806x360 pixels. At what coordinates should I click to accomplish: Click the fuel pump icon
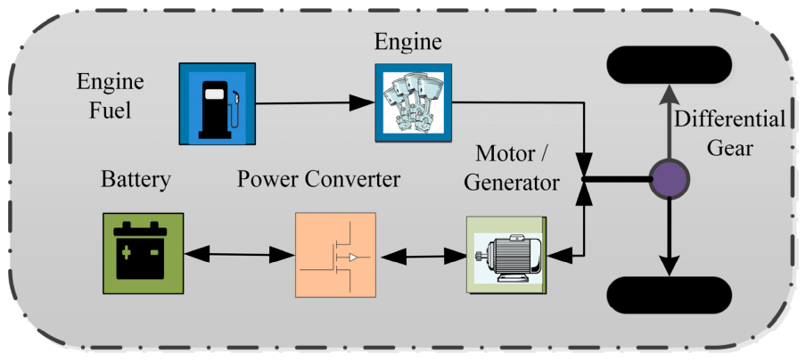[x=217, y=103]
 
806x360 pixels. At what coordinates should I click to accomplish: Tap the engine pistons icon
[x=414, y=102]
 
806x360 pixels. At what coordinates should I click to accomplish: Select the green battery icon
[x=143, y=253]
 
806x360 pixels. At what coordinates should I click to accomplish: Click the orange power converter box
[x=335, y=255]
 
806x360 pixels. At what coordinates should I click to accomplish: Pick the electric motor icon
[x=506, y=255]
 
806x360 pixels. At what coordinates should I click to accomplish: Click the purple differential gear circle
[x=669, y=179]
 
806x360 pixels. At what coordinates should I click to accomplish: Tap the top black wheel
[x=670, y=65]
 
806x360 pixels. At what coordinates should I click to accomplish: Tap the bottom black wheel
[x=670, y=295]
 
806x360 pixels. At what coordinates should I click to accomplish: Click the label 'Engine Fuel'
[x=110, y=96]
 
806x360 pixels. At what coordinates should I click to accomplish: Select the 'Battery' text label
[x=136, y=180]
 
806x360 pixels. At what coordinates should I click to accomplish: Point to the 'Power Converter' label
[x=318, y=180]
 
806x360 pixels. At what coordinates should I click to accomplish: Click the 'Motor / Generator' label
[x=512, y=168]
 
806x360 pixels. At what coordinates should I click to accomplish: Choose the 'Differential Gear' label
[x=729, y=134]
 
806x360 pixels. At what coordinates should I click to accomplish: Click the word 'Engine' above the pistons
[x=407, y=42]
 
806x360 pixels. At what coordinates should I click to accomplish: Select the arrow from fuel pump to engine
[x=315, y=103]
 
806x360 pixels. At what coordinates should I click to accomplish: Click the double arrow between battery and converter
[x=239, y=254]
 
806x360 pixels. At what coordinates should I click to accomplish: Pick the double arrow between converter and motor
[x=421, y=257]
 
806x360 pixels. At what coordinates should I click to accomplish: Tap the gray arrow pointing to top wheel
[x=669, y=122]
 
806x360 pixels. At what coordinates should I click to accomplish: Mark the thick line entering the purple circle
[x=616, y=179]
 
